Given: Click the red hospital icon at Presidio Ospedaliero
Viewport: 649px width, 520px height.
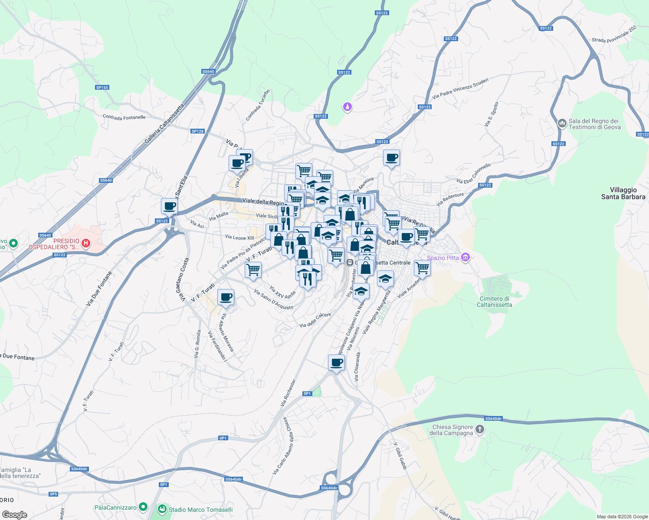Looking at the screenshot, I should pyautogui.click(x=86, y=243).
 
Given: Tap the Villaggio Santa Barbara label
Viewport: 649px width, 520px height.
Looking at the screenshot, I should pyautogui.click(x=623, y=193).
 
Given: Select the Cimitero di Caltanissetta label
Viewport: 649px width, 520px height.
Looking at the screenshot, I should pyautogui.click(x=494, y=302).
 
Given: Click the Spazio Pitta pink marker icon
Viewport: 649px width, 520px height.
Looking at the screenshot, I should pyautogui.click(x=465, y=257).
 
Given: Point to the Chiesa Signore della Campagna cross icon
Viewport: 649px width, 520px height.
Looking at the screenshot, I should pyautogui.click(x=479, y=429).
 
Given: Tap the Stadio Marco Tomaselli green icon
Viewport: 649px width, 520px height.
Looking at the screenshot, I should pyautogui.click(x=162, y=509).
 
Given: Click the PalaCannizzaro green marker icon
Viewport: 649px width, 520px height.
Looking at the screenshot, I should pyautogui.click(x=143, y=507).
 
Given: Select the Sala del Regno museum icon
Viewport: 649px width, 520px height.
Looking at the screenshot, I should pyautogui.click(x=562, y=123).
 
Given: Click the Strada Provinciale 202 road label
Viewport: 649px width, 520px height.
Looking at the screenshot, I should pyautogui.click(x=614, y=34).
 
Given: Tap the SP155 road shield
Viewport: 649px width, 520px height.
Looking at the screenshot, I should pyautogui.click(x=102, y=88).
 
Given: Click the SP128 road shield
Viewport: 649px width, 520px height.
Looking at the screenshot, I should pyautogui.click(x=197, y=131).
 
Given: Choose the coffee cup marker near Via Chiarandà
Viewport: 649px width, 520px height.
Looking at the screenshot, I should pyautogui.click(x=336, y=362).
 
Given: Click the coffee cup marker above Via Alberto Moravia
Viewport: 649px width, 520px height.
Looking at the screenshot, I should pyautogui.click(x=226, y=297).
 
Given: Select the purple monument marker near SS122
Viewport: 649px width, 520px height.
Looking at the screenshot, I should pyautogui.click(x=347, y=106).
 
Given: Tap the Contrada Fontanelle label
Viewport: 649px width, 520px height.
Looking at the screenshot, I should pyautogui.click(x=124, y=117).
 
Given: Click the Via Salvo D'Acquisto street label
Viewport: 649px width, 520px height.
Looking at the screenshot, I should pyautogui.click(x=274, y=300).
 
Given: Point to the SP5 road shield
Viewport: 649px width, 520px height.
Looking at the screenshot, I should pyautogui.click(x=53, y=494).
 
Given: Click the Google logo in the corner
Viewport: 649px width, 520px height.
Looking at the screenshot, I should pyautogui.click(x=14, y=515).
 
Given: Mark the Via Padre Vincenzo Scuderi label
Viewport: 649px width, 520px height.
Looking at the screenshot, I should pyautogui.click(x=460, y=88).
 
